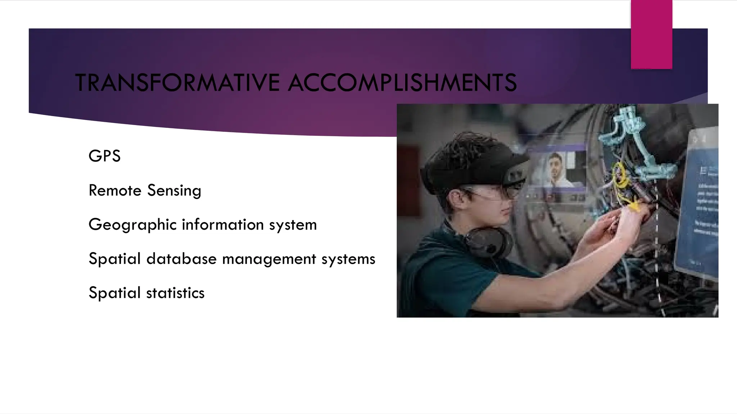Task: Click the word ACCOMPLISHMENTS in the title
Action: pos(402,83)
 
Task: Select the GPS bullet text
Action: pos(104,156)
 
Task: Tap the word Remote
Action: pos(115,190)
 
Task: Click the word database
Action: pos(181,259)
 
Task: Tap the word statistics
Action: pos(175,293)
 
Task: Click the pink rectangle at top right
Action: pos(651,34)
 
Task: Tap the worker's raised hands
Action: pos(612,223)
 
